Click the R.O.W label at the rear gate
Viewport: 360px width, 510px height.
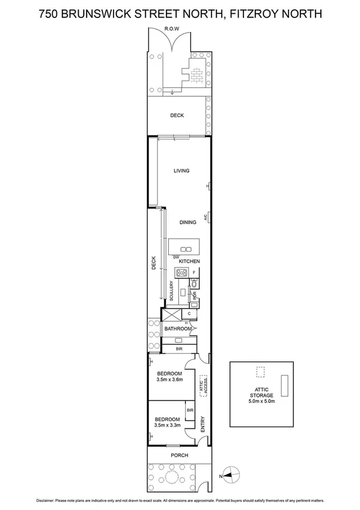coord(179,29)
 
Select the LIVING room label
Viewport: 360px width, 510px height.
coord(182,171)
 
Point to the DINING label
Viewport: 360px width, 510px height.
coord(188,223)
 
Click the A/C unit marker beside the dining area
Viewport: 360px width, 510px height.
coord(206,218)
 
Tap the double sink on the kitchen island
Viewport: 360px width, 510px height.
coord(187,249)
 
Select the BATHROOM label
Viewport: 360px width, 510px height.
coord(178,329)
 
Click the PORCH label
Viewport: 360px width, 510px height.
coord(179,455)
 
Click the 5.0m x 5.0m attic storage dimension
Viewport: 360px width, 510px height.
coord(262,401)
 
